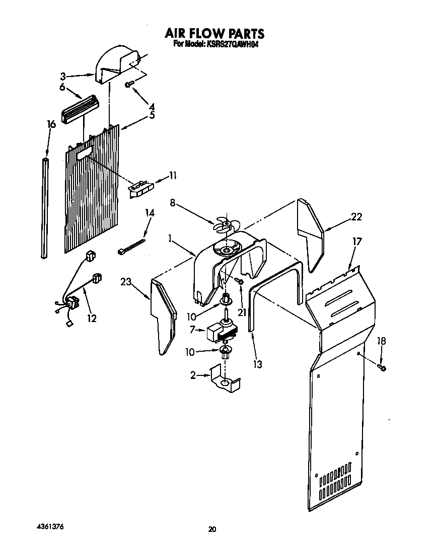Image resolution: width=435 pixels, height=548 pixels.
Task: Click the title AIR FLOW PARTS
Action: click(x=214, y=34)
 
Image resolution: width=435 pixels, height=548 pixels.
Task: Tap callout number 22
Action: click(x=356, y=217)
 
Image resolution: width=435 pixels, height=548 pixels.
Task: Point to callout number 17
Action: click(x=356, y=242)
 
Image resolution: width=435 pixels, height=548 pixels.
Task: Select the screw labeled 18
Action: click(x=382, y=368)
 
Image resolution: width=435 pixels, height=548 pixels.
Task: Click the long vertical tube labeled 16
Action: click(x=44, y=207)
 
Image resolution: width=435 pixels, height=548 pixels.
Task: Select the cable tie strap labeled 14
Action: click(x=132, y=246)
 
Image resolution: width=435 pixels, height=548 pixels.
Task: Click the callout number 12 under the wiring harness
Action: click(x=91, y=318)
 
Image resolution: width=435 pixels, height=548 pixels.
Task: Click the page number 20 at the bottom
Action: click(x=212, y=529)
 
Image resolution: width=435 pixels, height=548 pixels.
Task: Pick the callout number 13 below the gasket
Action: click(x=258, y=364)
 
